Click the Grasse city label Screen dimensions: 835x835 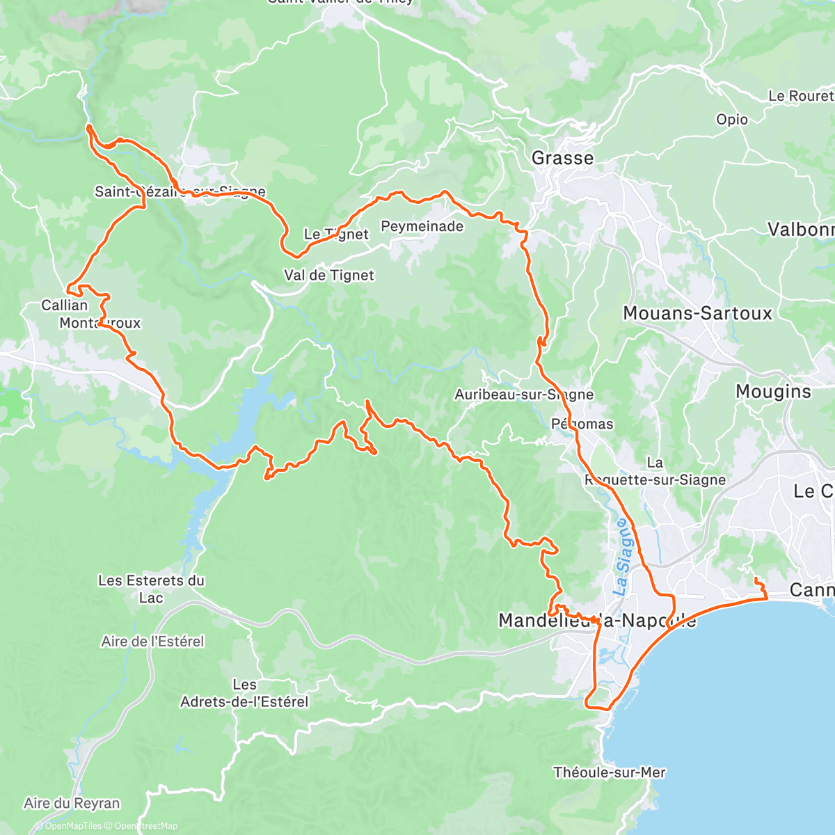coord(562,159)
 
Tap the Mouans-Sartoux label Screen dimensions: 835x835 coord(697,313)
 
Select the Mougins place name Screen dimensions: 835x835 coord(773,392)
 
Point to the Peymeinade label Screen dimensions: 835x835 coord(422,226)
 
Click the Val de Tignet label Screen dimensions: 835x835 coord(329,276)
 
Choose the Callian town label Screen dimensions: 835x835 coord(65,305)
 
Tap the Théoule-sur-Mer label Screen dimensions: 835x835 coord(609,772)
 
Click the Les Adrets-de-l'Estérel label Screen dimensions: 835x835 coord(244,694)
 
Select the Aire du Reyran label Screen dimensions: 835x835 coord(72,804)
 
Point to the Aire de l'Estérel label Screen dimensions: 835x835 coord(153,642)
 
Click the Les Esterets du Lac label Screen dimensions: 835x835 coord(151,589)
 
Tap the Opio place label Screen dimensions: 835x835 coord(732,120)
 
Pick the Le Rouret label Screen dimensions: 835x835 coord(800,96)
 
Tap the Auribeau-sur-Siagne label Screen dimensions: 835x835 coord(524,395)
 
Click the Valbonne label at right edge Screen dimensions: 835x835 coord(800,230)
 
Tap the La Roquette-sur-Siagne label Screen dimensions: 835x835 coord(654,472)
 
